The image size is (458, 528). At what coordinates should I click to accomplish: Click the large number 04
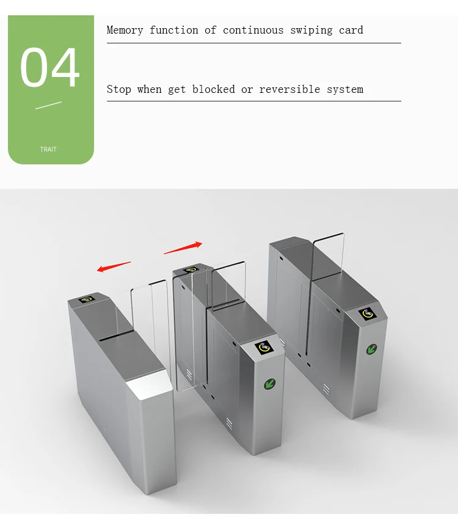click(50, 68)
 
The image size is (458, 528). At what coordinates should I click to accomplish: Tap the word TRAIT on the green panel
click(48, 149)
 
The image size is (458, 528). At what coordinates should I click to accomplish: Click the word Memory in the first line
click(125, 30)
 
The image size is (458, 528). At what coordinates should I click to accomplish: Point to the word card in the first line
click(351, 30)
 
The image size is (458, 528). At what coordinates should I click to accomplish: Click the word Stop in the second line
click(119, 89)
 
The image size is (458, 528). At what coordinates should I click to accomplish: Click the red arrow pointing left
click(114, 266)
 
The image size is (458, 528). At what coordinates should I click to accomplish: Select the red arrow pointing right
click(183, 248)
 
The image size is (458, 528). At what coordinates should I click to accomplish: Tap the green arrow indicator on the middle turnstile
click(269, 384)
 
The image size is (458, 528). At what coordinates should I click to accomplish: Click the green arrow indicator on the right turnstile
click(371, 349)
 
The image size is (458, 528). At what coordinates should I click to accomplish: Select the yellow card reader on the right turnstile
click(367, 313)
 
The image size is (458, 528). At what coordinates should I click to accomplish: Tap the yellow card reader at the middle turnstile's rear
click(190, 269)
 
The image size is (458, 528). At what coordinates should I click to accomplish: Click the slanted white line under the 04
click(48, 106)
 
